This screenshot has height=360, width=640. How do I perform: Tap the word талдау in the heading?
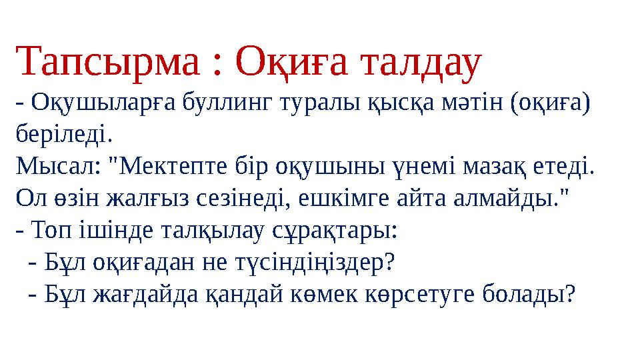pos(421,61)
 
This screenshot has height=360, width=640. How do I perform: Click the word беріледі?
pos(63,135)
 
